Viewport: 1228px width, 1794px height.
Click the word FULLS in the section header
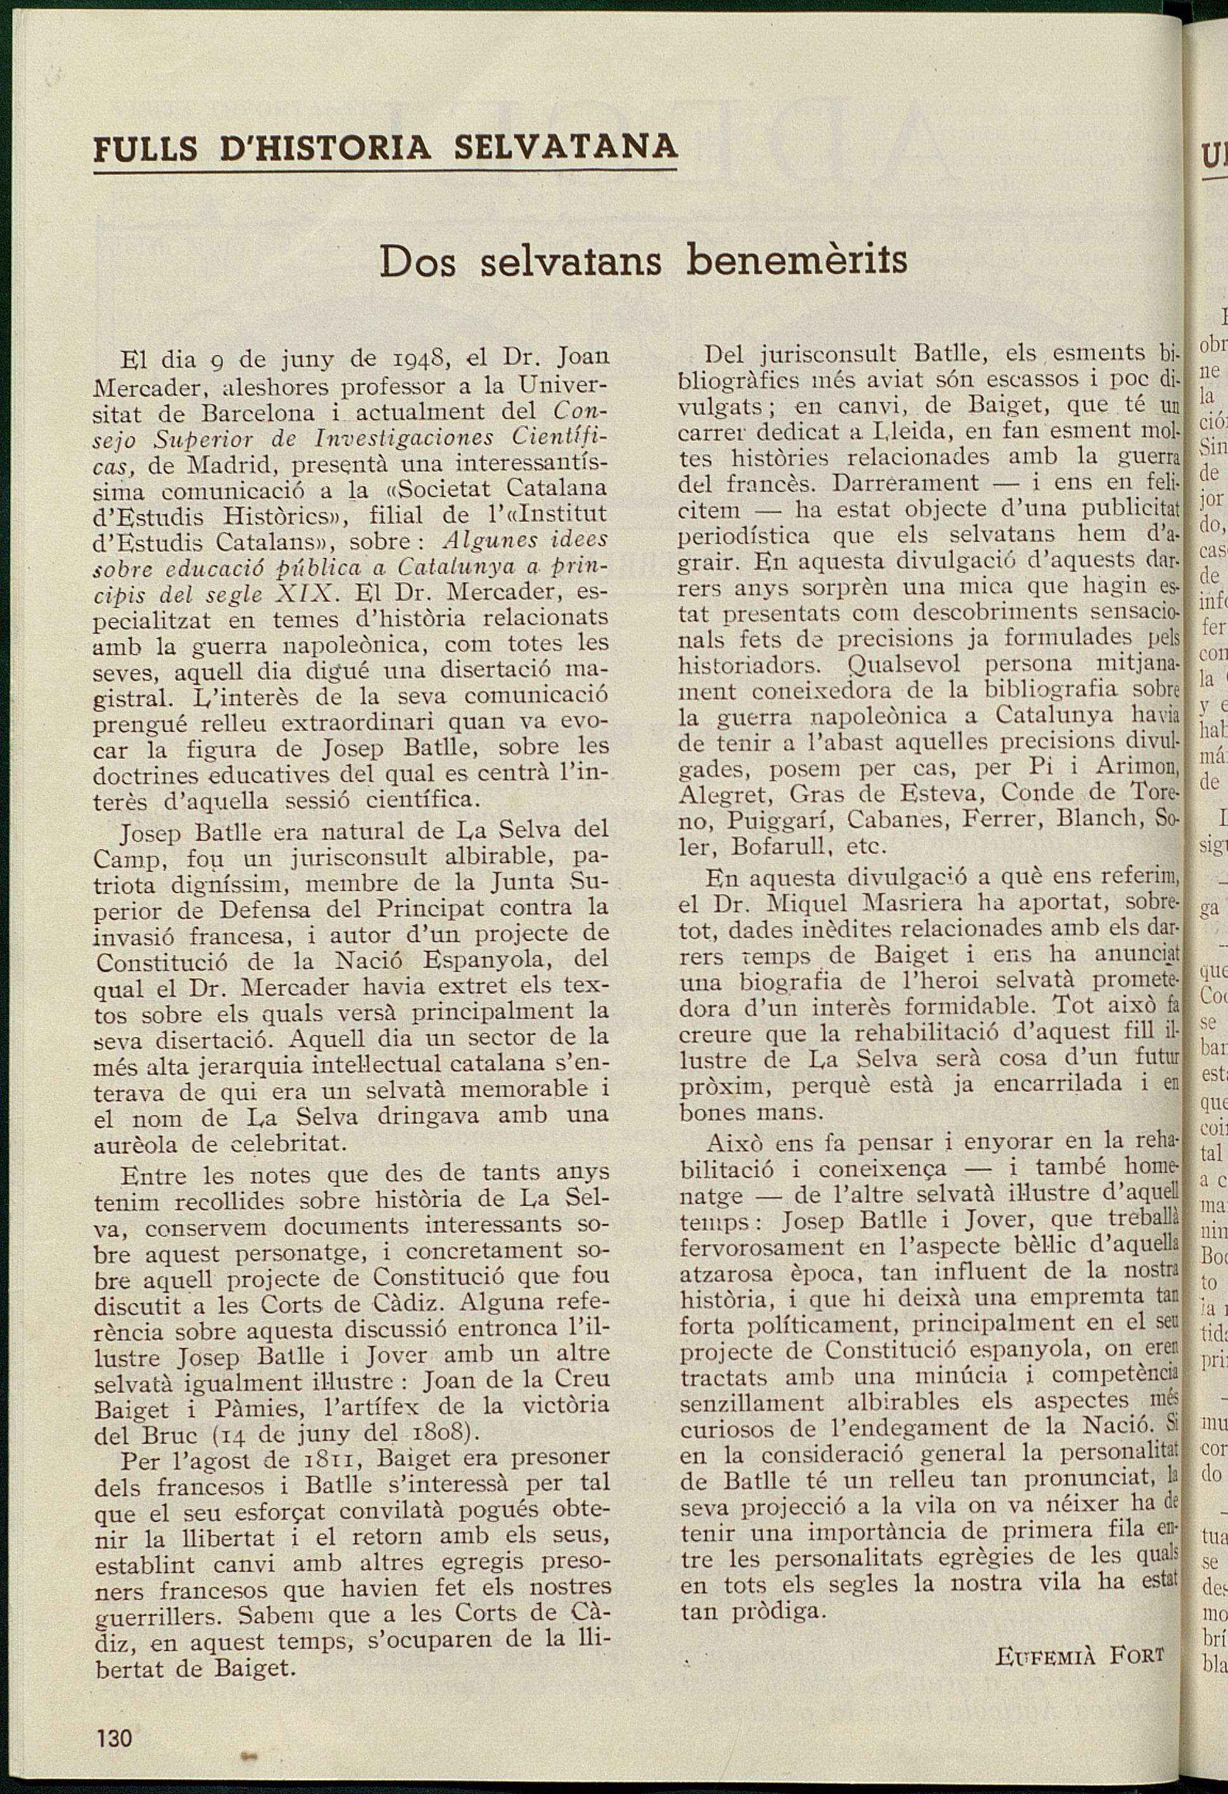[146, 148]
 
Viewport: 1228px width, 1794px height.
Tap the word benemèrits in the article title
[797, 260]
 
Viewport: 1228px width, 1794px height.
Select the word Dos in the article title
[417, 262]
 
